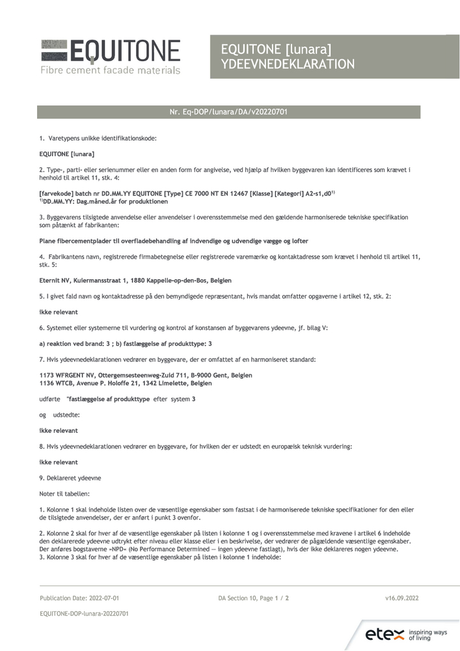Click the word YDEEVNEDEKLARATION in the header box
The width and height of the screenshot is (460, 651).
pos(288,64)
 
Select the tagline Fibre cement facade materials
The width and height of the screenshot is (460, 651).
pos(110,70)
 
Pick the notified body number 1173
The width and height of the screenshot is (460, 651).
pos(47,375)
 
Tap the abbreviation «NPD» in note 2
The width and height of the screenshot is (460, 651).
pos(106,549)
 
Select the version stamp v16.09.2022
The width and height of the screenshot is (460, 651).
pos(402,598)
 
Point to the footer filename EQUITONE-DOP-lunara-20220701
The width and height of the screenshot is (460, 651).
pos(84,613)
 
